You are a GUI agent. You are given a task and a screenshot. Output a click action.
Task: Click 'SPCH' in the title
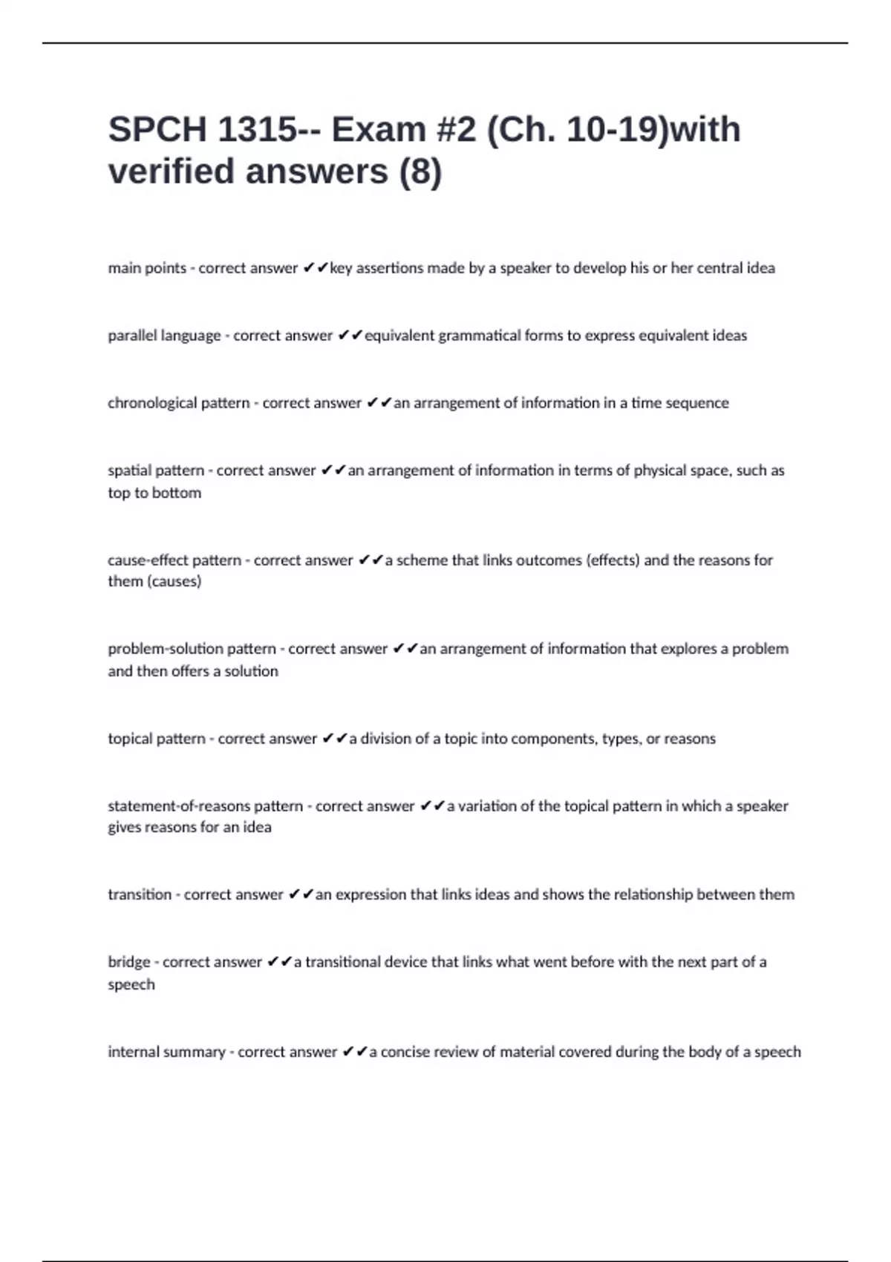[157, 130]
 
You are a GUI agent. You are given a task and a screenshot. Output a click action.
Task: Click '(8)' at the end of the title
[420, 171]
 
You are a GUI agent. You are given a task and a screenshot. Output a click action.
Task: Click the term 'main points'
[147, 268]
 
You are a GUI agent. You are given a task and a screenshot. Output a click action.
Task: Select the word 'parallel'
[131, 336]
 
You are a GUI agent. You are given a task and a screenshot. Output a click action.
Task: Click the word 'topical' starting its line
[129, 739]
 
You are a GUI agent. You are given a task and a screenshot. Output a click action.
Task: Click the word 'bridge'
[129, 962]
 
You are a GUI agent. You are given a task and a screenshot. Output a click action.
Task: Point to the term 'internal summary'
[166, 1052]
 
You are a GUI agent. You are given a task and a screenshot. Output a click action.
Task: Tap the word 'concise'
[405, 1052]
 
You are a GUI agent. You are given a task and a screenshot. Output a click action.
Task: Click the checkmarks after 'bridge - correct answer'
[280, 962]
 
